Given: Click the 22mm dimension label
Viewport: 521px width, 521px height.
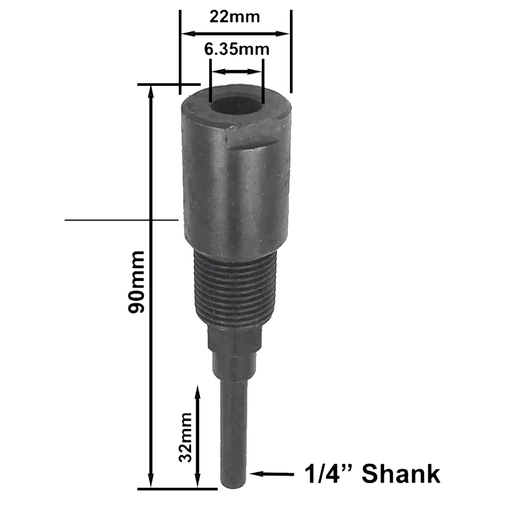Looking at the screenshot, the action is tap(235, 17).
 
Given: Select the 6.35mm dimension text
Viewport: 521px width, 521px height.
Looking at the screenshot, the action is tap(237, 49).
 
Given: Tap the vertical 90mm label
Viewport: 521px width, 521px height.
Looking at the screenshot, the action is tap(136, 282).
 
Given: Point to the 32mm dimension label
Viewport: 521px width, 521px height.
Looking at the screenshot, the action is tap(185, 437).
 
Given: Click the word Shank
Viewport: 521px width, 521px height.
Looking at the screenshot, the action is tap(401, 474).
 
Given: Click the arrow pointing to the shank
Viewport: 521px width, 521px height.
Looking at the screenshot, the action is tap(272, 474).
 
